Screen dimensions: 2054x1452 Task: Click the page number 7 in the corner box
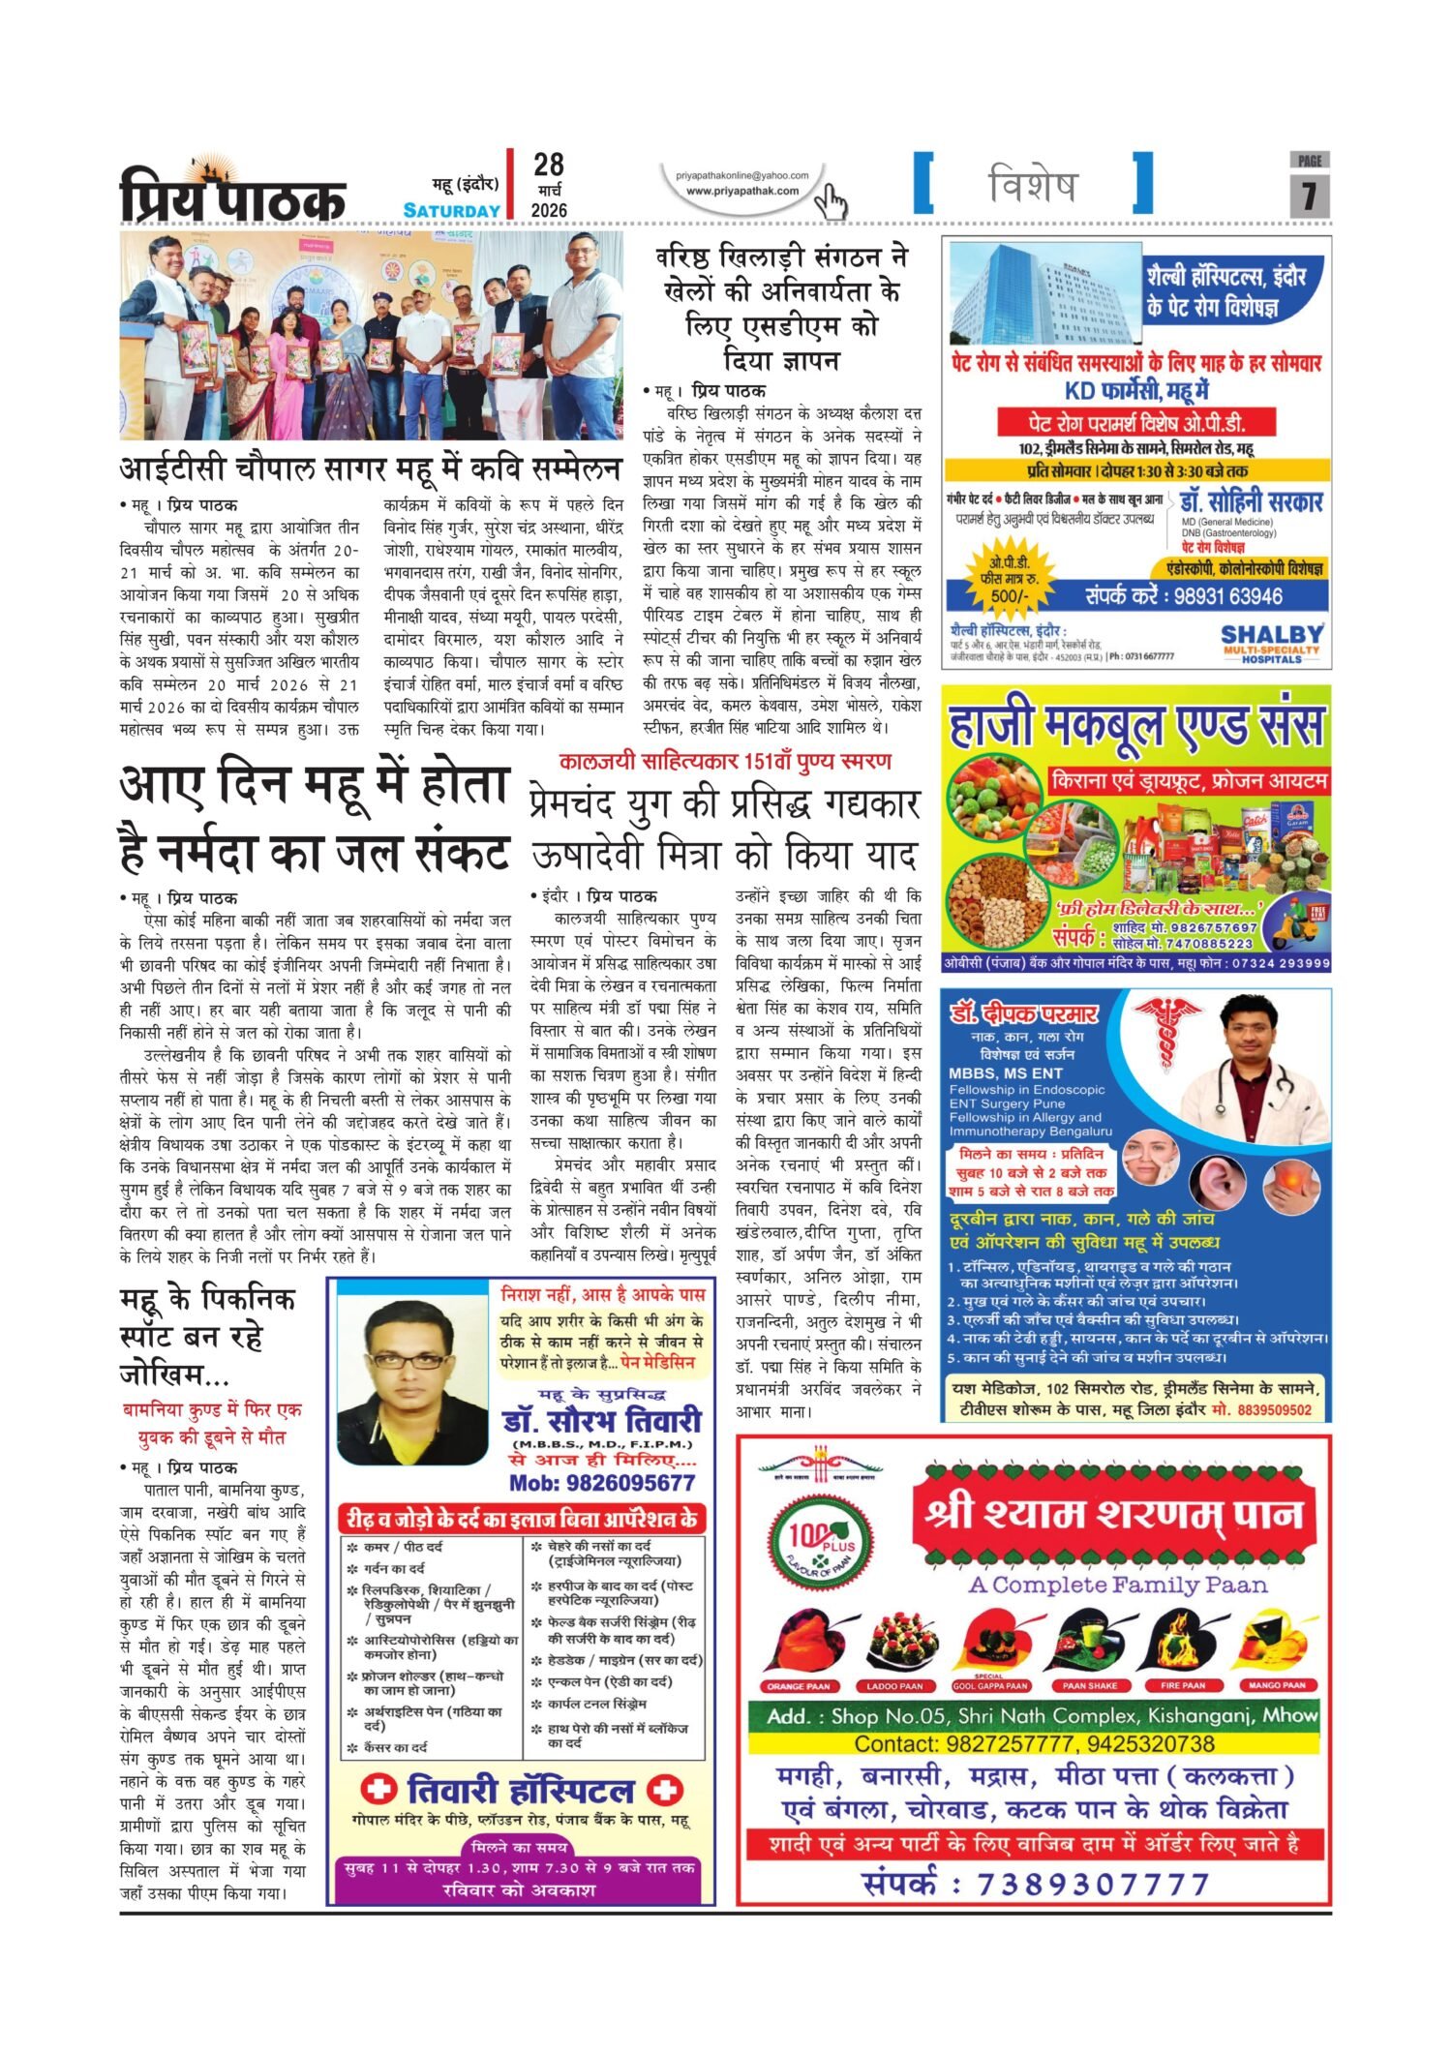[x=1309, y=196]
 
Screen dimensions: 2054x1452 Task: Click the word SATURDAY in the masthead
[x=451, y=210]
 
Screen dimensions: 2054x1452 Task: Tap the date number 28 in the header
[x=548, y=165]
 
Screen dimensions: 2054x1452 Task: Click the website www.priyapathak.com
[x=742, y=191]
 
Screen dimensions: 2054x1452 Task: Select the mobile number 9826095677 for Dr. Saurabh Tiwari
[x=602, y=1483]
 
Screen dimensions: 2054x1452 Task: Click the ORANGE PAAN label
[x=799, y=1686]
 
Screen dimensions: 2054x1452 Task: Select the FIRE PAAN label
[x=1182, y=1686]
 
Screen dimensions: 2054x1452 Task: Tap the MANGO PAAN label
[x=1277, y=1686]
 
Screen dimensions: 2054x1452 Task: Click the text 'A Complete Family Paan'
[x=1117, y=1586]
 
